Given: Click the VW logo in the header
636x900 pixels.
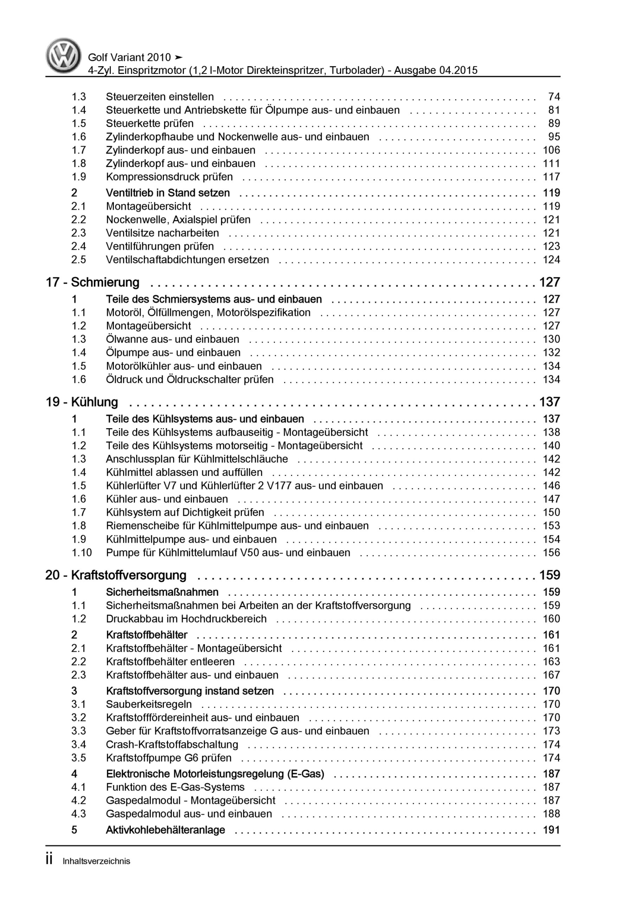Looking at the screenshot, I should click(x=64, y=56).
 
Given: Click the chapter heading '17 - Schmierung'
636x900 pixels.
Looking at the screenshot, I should click(x=92, y=282).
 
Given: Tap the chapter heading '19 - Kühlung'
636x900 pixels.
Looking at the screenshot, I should click(x=82, y=402).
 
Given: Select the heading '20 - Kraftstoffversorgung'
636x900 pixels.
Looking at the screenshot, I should click(x=116, y=575).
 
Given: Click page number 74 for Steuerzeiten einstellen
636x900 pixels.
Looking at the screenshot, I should click(x=554, y=97).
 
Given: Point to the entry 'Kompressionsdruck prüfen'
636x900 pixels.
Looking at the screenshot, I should click(x=169, y=177).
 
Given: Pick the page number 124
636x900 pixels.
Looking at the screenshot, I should click(x=551, y=259).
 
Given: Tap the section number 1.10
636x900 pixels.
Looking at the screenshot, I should click(x=82, y=553).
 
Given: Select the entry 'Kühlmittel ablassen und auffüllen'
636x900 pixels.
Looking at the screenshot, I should click(x=184, y=472).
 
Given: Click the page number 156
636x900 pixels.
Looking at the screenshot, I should click(x=551, y=553).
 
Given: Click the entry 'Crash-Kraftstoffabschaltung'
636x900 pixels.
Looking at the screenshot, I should click(x=172, y=744).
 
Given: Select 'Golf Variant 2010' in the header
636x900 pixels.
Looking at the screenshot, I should click(x=129, y=58).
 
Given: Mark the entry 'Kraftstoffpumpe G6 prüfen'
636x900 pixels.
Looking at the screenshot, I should click(x=169, y=758).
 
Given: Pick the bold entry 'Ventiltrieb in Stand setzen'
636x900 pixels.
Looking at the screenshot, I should click(x=168, y=193).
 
